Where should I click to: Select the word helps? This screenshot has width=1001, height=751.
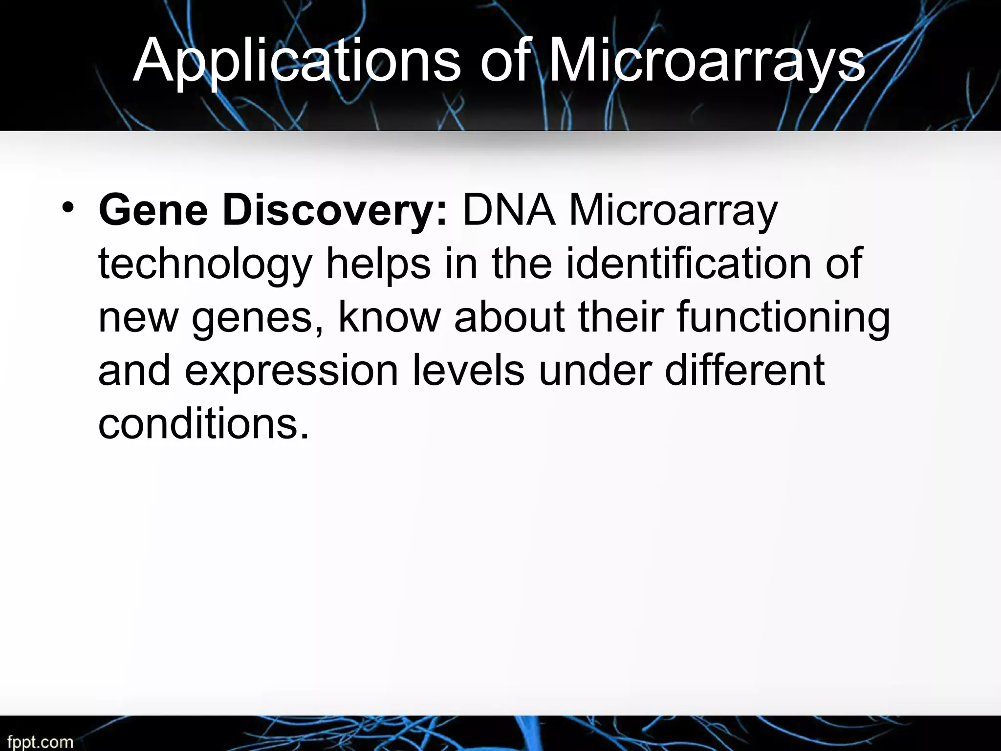(x=378, y=265)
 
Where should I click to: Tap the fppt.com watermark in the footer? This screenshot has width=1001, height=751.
(x=40, y=742)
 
